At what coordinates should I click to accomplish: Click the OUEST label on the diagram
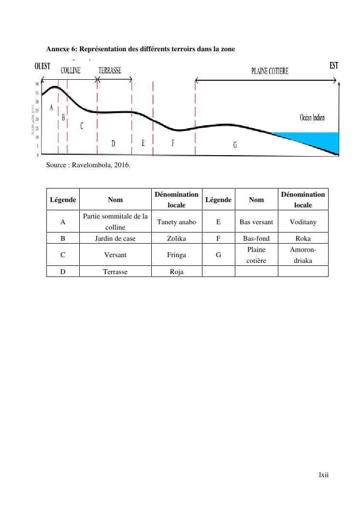pyautogui.click(x=43, y=66)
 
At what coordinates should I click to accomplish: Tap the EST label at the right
pyautogui.click(x=334, y=66)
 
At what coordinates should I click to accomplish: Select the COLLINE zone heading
pyautogui.click(x=71, y=71)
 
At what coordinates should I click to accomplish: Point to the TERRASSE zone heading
pyautogui.click(x=110, y=71)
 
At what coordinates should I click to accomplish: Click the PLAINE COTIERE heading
pyautogui.click(x=270, y=71)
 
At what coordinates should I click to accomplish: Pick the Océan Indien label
pyautogui.click(x=312, y=117)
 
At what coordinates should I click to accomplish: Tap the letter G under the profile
pyautogui.click(x=235, y=145)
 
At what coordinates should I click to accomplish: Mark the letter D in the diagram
pyautogui.click(x=113, y=143)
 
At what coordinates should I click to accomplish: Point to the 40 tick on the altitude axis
pyautogui.click(x=37, y=84)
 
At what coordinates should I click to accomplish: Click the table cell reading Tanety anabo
pyautogui.click(x=176, y=222)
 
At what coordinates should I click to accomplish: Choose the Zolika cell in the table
pyautogui.click(x=176, y=238)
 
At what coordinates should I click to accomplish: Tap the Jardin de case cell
pyautogui.click(x=115, y=238)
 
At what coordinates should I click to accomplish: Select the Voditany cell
pyautogui.click(x=303, y=222)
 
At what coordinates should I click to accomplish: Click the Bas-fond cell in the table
pyautogui.click(x=256, y=238)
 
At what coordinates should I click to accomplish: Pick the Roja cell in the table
pyautogui.click(x=176, y=272)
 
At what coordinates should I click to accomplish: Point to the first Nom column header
pyautogui.click(x=115, y=199)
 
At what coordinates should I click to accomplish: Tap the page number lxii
pyautogui.click(x=323, y=475)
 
